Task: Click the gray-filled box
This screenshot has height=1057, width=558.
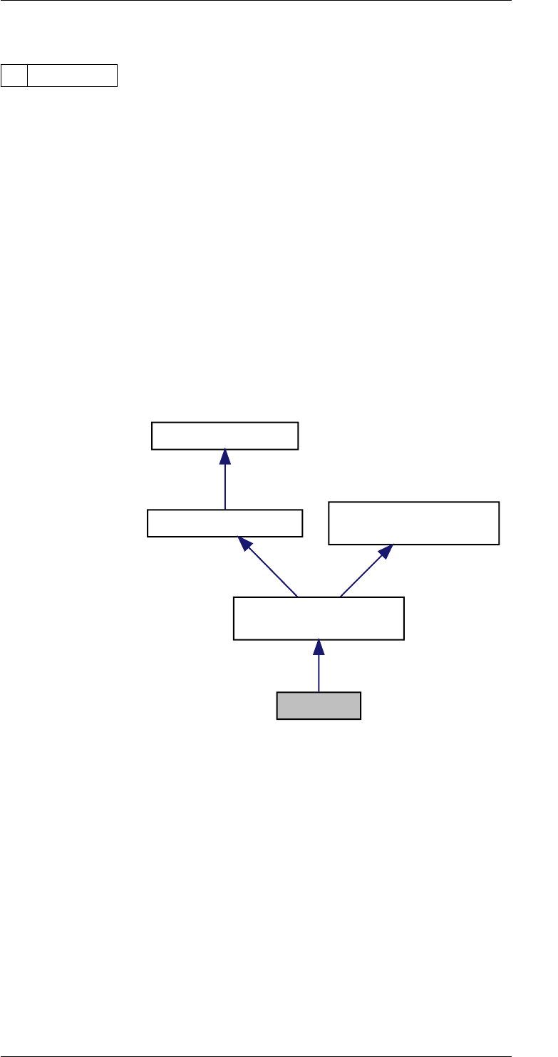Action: coord(319,706)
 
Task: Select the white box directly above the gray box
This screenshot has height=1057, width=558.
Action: coord(319,619)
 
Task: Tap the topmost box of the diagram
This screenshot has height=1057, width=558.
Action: coord(224,435)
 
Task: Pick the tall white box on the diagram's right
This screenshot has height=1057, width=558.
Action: coord(413,523)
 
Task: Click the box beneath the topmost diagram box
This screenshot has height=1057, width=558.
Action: coord(224,523)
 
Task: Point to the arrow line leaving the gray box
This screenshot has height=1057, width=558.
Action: coord(319,674)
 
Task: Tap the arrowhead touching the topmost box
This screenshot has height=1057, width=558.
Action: coord(225,457)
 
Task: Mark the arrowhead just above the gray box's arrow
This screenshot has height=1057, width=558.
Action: coord(319,647)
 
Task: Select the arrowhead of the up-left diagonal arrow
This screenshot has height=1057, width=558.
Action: coord(247,545)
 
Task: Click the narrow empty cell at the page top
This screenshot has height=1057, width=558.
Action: coord(14,75)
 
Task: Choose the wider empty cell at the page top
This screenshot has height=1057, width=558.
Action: coord(72,75)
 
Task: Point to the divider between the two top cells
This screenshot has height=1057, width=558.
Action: coord(27,75)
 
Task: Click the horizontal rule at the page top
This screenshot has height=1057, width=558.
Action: coord(257,1)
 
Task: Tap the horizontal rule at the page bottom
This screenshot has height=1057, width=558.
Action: coord(257,1054)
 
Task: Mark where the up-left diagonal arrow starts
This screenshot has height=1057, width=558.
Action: coord(296,597)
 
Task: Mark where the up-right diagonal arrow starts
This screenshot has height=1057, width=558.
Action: coord(341,597)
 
